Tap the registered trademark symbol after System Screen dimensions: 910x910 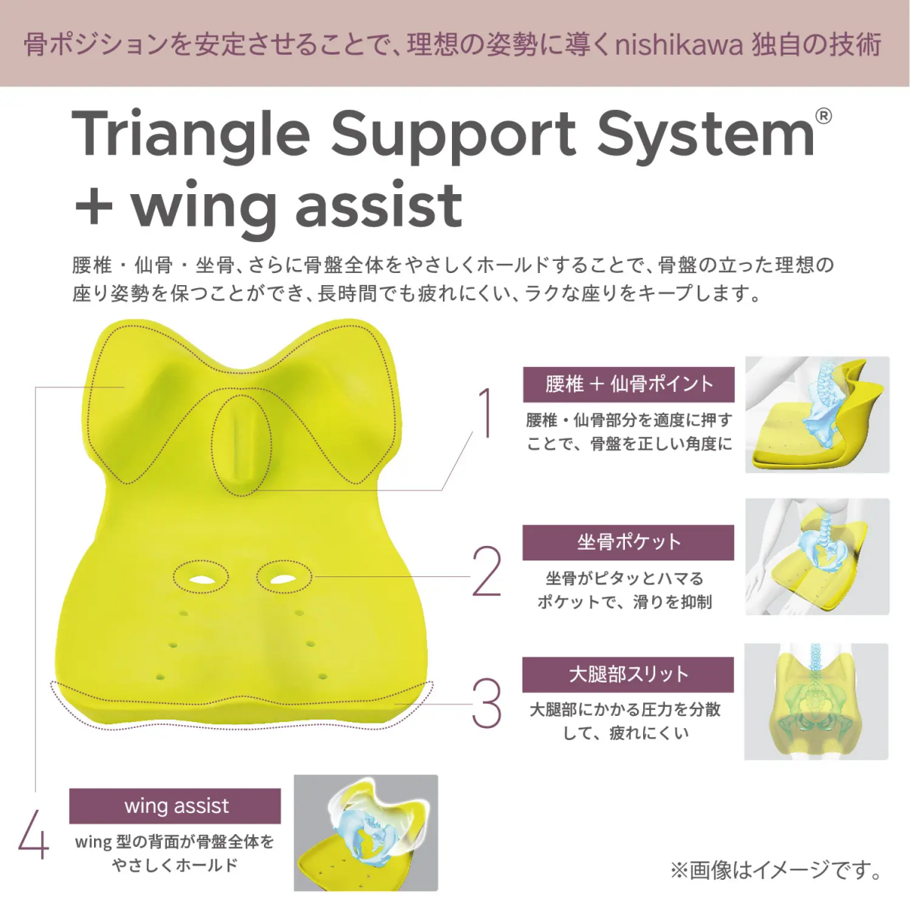(823, 117)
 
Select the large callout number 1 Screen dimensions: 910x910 (485, 413)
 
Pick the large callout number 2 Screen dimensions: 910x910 (486, 572)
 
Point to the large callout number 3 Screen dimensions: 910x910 (486, 704)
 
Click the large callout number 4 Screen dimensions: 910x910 (34, 835)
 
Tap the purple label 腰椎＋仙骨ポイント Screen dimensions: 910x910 (629, 384)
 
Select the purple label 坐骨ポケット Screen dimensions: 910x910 (628, 543)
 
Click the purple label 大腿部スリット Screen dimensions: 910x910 (628, 675)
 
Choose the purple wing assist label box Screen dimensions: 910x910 (174, 806)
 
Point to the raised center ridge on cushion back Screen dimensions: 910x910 (242, 444)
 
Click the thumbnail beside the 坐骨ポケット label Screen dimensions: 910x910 (817, 557)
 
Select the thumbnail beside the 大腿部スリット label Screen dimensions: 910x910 (817, 701)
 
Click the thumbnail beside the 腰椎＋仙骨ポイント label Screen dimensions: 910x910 (817, 415)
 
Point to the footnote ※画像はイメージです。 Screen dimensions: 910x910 (776, 870)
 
